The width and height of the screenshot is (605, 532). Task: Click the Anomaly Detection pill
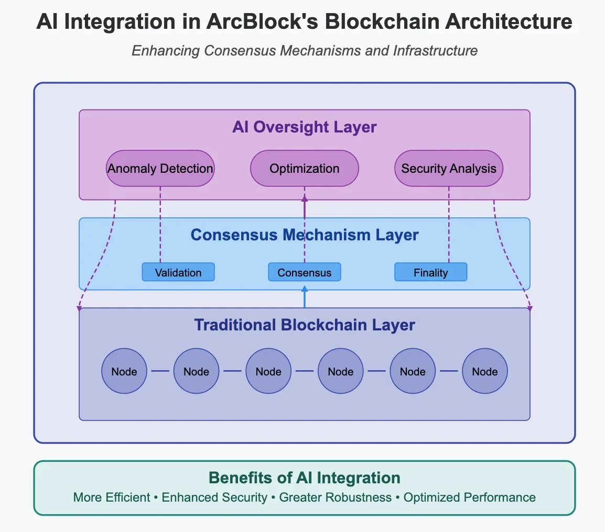pos(160,169)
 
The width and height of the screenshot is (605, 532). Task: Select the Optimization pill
pos(305,169)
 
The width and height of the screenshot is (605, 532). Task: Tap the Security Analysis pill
pos(449,169)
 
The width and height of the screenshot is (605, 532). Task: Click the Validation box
pos(178,272)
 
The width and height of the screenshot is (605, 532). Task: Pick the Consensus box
pos(305,272)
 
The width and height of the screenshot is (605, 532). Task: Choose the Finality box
pos(430,272)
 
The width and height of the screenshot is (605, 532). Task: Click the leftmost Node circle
pos(124,371)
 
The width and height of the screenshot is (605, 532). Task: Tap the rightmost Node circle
pos(485,371)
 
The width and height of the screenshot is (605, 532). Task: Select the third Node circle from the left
pos(268,371)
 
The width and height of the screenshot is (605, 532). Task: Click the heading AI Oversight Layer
pos(305,127)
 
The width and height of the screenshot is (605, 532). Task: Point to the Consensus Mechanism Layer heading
pos(305,235)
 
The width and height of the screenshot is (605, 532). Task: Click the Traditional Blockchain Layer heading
pos(305,325)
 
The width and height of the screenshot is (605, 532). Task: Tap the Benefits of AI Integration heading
pos(305,478)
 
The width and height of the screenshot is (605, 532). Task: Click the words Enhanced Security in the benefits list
pos(214,497)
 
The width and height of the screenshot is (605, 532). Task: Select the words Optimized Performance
pos(470,497)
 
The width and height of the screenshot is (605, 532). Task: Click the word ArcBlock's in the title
pos(262,21)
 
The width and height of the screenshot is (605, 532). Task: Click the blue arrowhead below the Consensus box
pos(305,289)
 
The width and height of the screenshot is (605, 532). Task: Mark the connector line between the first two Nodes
pos(160,371)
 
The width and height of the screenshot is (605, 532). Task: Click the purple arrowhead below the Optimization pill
pos(305,198)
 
